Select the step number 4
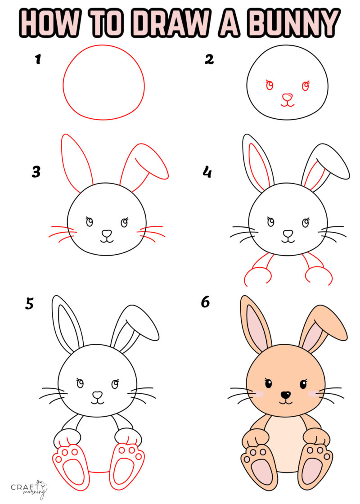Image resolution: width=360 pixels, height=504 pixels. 207,171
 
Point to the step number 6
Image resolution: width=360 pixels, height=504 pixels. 205,302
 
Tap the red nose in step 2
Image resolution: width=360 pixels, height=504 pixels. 287,97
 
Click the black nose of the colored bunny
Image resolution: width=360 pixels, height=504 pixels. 285,395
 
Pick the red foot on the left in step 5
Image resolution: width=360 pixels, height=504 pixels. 71,466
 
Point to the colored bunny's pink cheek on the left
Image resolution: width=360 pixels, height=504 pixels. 259,394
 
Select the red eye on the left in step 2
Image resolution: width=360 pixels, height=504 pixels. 270,85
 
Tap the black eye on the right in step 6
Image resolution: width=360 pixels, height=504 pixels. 303,384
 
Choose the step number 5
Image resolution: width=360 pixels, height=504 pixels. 29,304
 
